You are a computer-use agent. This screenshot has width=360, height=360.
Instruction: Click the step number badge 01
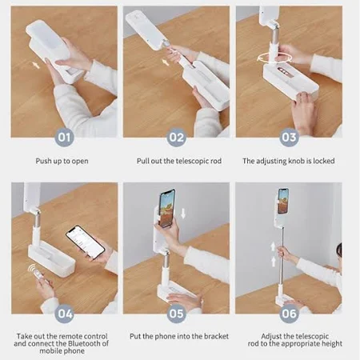64,138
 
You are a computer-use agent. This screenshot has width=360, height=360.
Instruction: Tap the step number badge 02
176,138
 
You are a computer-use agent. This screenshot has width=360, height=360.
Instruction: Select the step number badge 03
289,138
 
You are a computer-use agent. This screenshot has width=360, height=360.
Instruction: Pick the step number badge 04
64,314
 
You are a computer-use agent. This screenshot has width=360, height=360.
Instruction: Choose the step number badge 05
176,314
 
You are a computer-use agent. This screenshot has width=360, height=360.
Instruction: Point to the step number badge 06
289,314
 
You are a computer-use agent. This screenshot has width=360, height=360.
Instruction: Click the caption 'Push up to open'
62,162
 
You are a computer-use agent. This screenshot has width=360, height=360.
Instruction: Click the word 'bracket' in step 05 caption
218,336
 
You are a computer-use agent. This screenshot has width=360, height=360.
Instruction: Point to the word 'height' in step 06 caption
332,344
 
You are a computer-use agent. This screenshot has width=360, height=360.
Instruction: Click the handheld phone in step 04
86,242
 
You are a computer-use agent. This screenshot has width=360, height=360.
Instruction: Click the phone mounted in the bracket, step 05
167,208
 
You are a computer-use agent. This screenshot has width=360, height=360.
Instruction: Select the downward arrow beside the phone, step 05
183,214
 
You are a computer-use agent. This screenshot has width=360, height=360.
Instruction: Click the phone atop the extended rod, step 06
283,201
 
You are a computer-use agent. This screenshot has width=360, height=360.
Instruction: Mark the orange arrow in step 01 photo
36,65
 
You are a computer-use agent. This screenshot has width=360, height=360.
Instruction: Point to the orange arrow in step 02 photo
166,62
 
